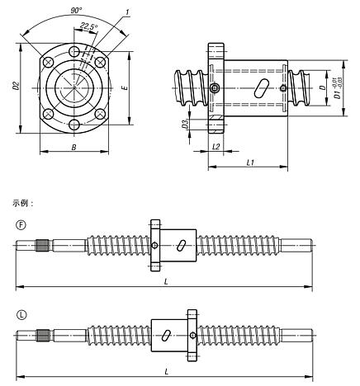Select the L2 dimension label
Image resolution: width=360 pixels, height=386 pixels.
point(216,146)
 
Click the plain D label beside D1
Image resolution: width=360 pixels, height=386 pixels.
point(323,86)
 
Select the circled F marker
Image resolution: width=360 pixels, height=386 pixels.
point(20,224)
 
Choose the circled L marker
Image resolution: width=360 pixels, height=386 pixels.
point(20,315)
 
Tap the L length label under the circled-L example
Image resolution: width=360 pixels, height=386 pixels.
point(167,372)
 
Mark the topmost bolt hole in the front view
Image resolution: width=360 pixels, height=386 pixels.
point(75,52)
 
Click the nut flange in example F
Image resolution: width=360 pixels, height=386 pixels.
point(154,244)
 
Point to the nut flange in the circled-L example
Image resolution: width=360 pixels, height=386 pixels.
point(192,335)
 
